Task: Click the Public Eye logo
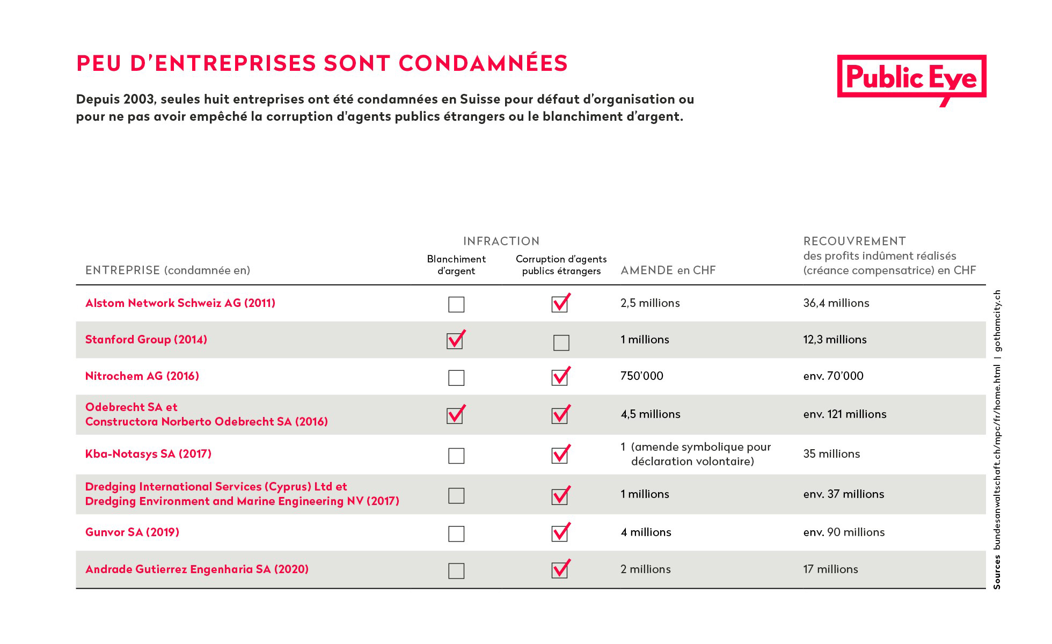click(x=911, y=78)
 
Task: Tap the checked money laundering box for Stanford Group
click(x=456, y=340)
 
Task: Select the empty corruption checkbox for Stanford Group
click(x=561, y=342)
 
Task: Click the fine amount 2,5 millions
click(x=650, y=303)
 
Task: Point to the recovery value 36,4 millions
click(x=836, y=303)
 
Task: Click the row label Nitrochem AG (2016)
click(x=142, y=376)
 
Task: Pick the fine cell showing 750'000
click(x=642, y=376)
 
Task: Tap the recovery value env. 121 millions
click(x=845, y=414)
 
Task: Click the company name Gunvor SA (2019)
click(x=132, y=532)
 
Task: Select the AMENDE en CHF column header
click(x=668, y=270)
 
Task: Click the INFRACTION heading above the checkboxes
click(x=501, y=241)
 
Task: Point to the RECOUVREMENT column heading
click(x=854, y=241)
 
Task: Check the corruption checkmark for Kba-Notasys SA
click(x=561, y=454)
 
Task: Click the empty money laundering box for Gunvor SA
click(x=456, y=533)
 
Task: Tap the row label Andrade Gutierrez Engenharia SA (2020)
click(x=197, y=569)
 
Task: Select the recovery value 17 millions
click(x=830, y=569)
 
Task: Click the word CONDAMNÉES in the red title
click(x=483, y=63)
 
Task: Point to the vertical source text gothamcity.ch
click(x=997, y=321)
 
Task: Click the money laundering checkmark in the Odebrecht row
click(x=456, y=414)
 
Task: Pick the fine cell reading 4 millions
click(x=646, y=532)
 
